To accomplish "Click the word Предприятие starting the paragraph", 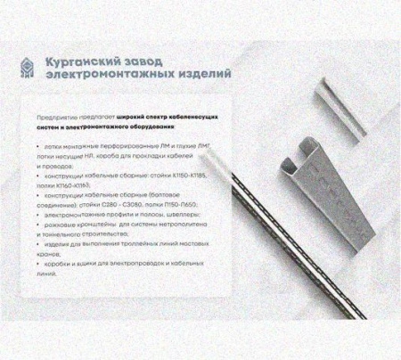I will point(55,117).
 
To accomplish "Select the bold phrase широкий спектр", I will point(142,117).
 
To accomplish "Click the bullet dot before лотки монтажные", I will point(37,144).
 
